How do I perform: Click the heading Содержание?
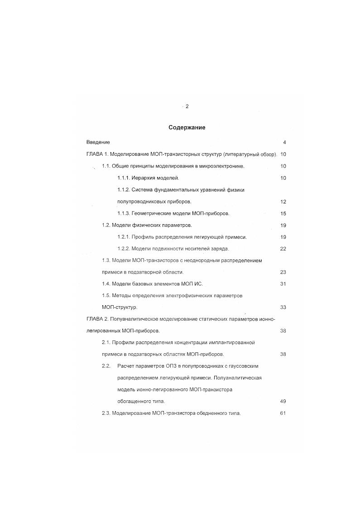pos(187,128)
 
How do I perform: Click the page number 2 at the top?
pos(187,106)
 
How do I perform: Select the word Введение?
pos(98,142)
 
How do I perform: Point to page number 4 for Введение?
pos(284,142)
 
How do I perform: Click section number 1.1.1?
pos(124,178)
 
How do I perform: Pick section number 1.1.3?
pos(124,213)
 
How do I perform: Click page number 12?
pos(283,202)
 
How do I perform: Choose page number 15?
pos(283,213)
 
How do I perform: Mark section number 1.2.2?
pos(124,249)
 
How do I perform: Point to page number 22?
pos(283,249)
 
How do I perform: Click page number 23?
pos(283,272)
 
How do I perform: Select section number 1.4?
pos(106,284)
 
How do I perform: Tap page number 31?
pos(283,284)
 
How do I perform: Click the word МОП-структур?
pos(120,307)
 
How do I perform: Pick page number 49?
pos(283,402)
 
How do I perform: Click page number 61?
pos(283,413)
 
